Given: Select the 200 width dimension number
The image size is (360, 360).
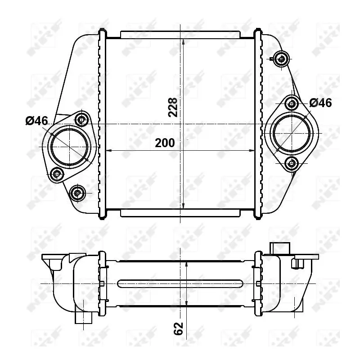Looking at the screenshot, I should pyautogui.click(x=165, y=143).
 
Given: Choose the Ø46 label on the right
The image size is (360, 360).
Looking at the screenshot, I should pyautogui.click(x=320, y=103).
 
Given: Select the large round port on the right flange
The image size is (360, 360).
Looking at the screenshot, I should pyautogui.click(x=292, y=133).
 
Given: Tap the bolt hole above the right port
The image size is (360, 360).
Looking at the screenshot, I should pyautogui.click(x=292, y=104).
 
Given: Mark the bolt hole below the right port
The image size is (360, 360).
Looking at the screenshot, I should pyautogui.click(x=292, y=163).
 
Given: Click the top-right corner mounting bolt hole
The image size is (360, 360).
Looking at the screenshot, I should pyautogui.click(x=282, y=58).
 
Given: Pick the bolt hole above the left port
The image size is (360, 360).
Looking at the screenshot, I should pyautogui.click(x=81, y=119).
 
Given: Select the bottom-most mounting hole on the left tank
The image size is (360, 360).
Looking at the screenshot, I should pyautogui.click(x=78, y=193).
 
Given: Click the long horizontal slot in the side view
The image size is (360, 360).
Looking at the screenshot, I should pyautogui.click(x=180, y=283).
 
